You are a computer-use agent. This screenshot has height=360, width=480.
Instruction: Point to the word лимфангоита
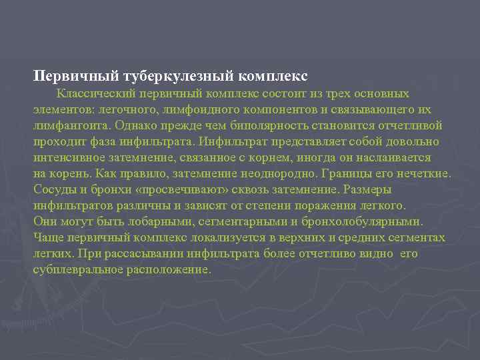point(71,125)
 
